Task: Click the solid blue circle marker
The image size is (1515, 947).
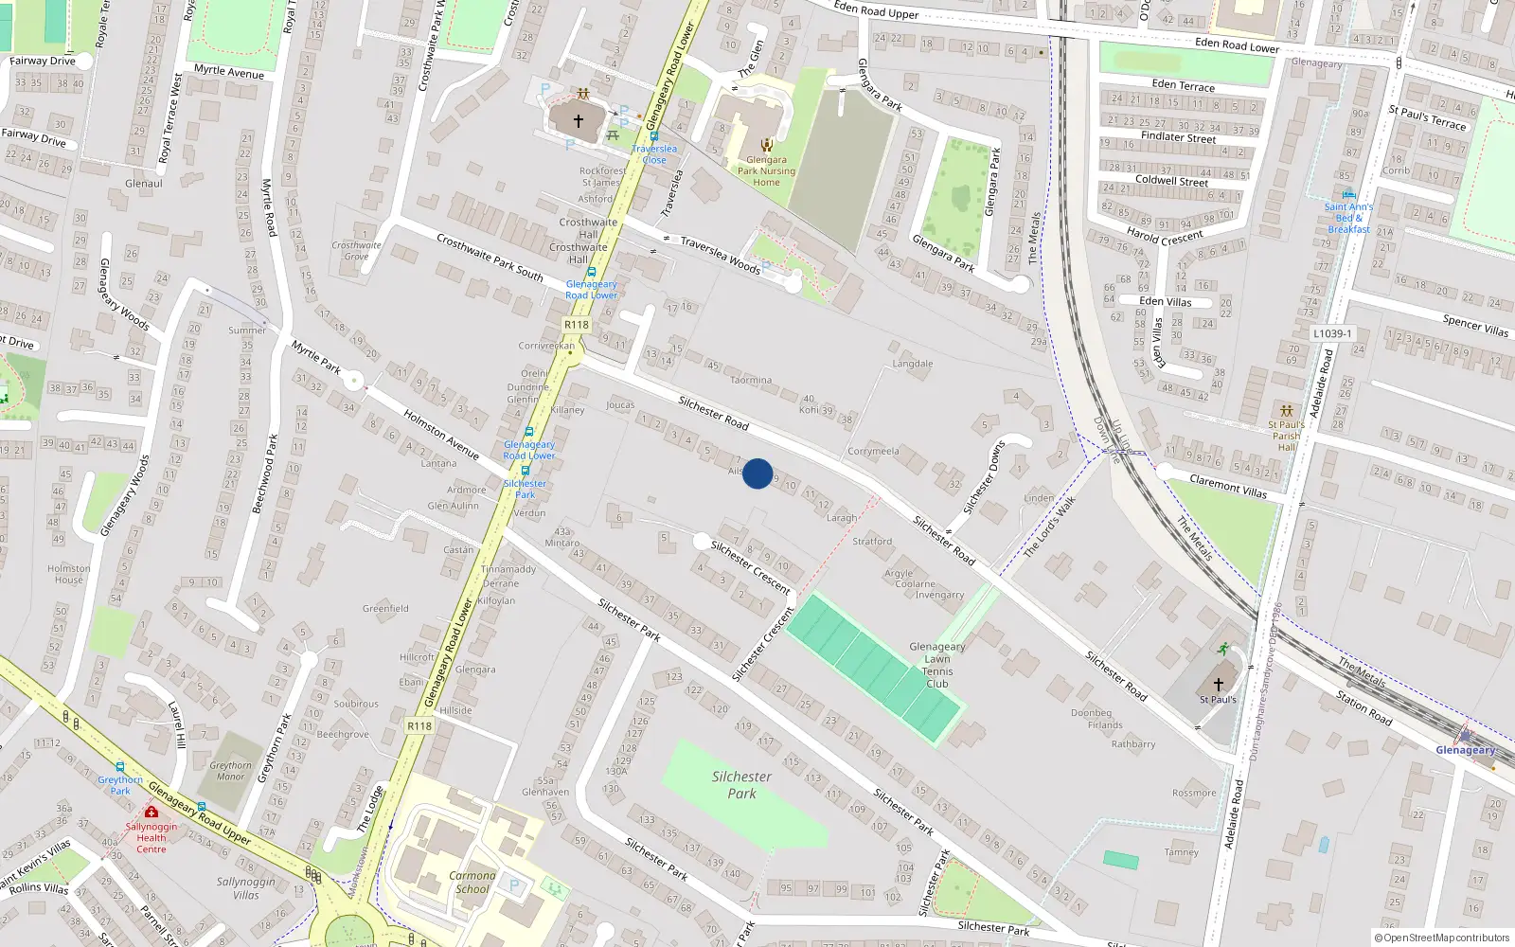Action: [x=757, y=473]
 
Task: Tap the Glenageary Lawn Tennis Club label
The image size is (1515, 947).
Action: [x=936, y=665]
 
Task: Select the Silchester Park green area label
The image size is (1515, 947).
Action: [x=741, y=784]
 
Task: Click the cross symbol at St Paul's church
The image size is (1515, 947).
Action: [x=1219, y=684]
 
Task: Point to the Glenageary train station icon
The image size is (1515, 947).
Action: [x=1466, y=735]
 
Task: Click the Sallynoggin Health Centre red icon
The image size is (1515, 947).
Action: [x=151, y=812]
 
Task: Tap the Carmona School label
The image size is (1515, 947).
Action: [x=472, y=882]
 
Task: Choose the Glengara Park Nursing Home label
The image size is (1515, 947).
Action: [x=766, y=170]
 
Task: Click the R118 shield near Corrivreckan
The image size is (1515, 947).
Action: [x=576, y=325]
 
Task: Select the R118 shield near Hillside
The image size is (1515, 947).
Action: [x=419, y=726]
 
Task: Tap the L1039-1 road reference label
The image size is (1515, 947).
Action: [x=1332, y=333]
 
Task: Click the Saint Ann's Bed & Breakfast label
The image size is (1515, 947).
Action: [x=1348, y=218]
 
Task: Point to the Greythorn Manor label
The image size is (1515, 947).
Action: [x=230, y=771]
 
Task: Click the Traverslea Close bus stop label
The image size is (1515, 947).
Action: [x=654, y=154]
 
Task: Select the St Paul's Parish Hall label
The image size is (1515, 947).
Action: [x=1286, y=436]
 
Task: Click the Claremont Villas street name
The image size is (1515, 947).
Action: [x=1228, y=487]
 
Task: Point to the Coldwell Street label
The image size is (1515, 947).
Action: [x=1171, y=180]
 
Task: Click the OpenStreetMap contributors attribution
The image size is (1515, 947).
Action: [x=1441, y=938]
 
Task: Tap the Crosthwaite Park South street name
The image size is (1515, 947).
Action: [x=490, y=258]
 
